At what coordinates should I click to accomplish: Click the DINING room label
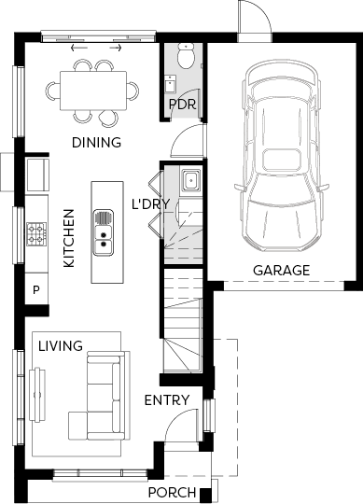coord(96,143)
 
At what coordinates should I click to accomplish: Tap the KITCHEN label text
coord(69,238)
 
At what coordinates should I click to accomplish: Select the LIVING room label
coord(61,346)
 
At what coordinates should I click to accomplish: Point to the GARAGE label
coord(282,271)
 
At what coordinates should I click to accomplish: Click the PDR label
coord(182,105)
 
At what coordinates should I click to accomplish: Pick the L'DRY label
coord(150,203)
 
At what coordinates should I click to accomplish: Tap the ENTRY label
coord(167,400)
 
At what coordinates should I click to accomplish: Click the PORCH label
coord(172,492)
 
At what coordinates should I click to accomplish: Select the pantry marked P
coord(36,289)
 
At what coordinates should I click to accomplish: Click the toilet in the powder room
coord(186,56)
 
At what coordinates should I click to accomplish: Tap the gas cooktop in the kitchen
coord(36,234)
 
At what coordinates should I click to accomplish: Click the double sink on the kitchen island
coord(104,232)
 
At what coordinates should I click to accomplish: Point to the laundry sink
coord(191,180)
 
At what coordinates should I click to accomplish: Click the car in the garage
coord(282,156)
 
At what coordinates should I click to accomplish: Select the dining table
coord(93,91)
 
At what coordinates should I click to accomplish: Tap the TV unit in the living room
coord(37,395)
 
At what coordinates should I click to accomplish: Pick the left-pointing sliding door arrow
coord(78,49)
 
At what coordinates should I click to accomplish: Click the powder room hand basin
coord(170,84)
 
